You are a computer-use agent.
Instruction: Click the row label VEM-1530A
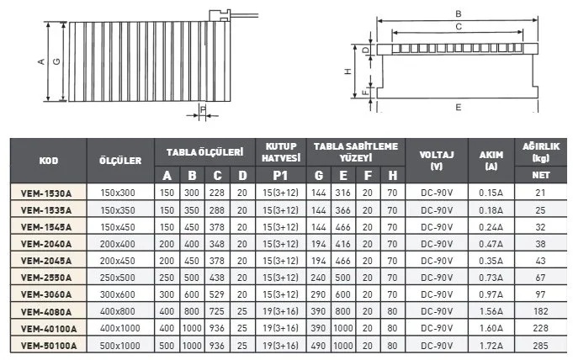pyautogui.click(x=46, y=193)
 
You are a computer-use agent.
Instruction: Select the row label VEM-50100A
pyautogui.click(x=49, y=346)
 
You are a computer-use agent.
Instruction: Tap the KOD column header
pyautogui.click(x=49, y=161)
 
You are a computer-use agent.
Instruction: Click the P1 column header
pyautogui.click(x=280, y=176)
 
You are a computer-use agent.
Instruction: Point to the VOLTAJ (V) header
pyautogui.click(x=437, y=160)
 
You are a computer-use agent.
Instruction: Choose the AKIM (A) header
pyautogui.click(x=491, y=161)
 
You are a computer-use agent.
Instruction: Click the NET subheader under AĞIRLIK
pyautogui.click(x=541, y=176)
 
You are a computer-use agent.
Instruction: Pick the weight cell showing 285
pyautogui.click(x=540, y=346)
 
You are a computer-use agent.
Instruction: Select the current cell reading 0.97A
pyautogui.click(x=491, y=294)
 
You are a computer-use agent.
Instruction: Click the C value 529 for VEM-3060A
pyautogui.click(x=217, y=294)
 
